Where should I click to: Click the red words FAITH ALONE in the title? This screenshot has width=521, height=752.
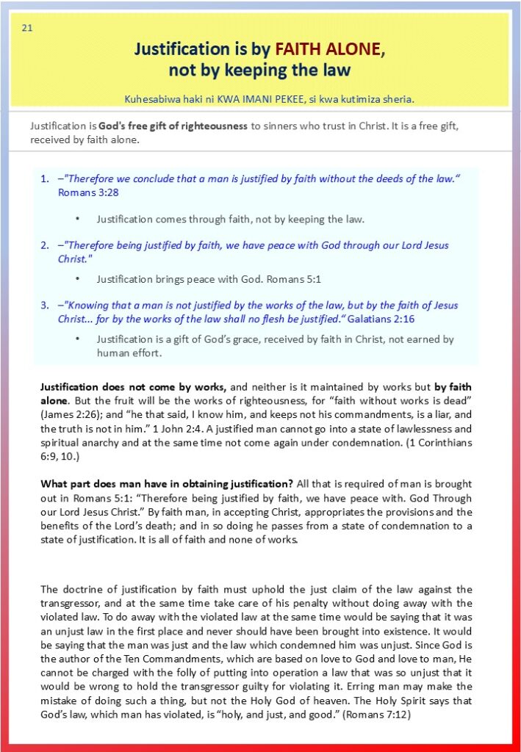coord(328,49)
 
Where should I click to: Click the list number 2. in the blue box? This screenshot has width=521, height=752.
coord(45,245)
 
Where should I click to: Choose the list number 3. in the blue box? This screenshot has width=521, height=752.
coord(45,305)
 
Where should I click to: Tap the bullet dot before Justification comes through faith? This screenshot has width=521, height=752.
coord(78,219)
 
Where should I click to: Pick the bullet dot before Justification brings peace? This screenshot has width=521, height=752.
coord(78,279)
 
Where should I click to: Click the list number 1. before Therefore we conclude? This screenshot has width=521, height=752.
coord(45,179)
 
